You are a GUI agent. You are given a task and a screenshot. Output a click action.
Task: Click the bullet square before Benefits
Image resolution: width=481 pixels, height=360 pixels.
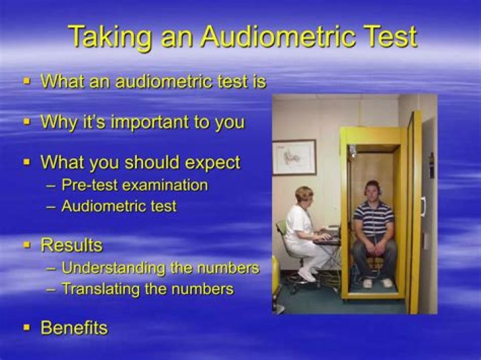tap(27, 327)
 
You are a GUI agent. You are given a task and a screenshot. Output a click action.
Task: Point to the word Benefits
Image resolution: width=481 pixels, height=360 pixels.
tap(74, 327)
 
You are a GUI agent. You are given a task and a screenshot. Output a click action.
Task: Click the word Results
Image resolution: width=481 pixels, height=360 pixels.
tap(71, 245)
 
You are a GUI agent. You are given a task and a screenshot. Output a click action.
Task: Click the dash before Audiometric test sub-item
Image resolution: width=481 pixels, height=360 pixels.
tap(51, 206)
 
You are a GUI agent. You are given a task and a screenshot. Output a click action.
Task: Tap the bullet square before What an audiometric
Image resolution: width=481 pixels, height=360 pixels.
tap(27, 81)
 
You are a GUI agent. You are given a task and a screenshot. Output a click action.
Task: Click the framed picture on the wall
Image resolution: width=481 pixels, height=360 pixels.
tap(294, 157)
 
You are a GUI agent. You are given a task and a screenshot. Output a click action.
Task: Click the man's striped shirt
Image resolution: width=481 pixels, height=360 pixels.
tap(373, 220)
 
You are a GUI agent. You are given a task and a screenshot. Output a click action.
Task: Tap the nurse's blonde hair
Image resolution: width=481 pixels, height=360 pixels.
tap(305, 194)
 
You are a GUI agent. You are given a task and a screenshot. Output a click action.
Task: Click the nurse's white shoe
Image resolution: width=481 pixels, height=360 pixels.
tap(307, 276)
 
